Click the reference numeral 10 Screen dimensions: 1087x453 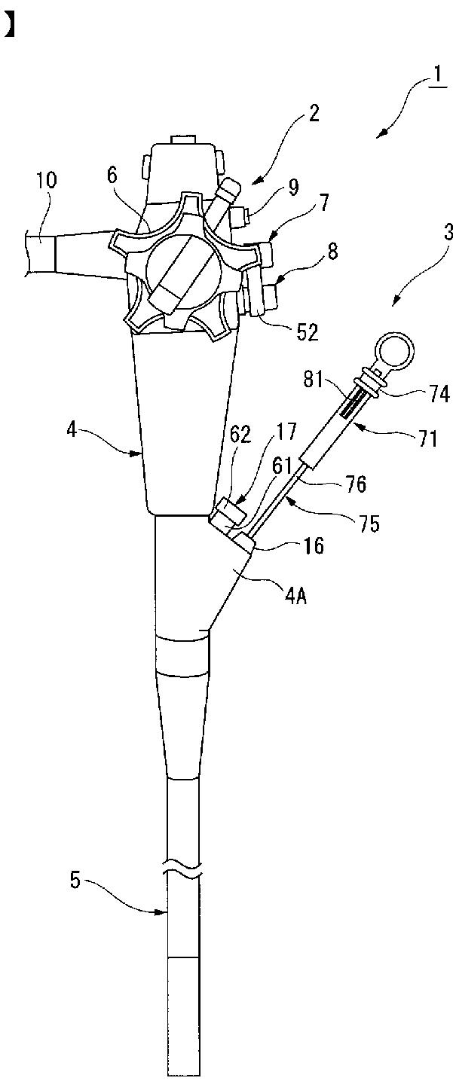44,180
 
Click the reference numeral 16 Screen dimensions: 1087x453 315,545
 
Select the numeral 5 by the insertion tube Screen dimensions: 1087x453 76,880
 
